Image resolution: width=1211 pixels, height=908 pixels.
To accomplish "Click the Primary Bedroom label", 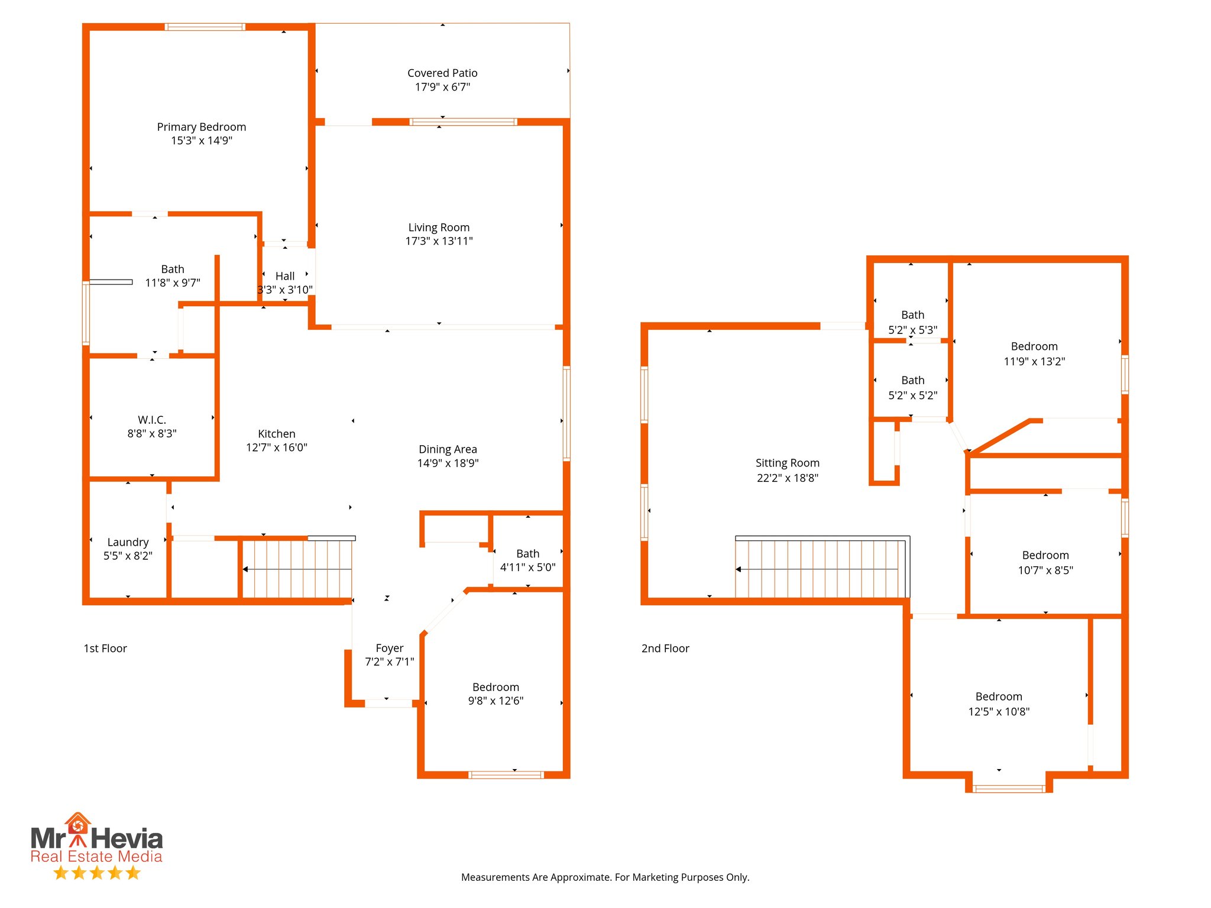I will click(201, 127).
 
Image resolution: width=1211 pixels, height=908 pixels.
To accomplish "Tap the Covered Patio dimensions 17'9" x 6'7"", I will click(442, 87).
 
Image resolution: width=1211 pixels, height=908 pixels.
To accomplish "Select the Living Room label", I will click(439, 228).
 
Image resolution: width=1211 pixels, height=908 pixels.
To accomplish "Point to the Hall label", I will click(285, 276).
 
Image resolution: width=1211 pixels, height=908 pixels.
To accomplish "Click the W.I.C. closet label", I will click(152, 420).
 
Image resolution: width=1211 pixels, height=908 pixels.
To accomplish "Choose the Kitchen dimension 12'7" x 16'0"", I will click(276, 447).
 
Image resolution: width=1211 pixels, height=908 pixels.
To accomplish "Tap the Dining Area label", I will click(448, 449).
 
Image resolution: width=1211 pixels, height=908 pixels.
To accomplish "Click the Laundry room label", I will click(128, 542).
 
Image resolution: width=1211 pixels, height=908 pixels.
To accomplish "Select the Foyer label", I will click(389, 648).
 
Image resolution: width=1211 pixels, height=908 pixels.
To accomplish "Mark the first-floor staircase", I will click(297, 569).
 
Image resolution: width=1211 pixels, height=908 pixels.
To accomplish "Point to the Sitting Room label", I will click(787, 463).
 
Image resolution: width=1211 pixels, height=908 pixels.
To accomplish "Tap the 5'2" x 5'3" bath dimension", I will click(912, 330).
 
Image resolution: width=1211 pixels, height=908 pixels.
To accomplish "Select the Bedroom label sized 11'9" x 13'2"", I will click(1034, 346).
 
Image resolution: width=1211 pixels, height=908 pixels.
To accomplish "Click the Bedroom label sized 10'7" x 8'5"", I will click(1045, 555).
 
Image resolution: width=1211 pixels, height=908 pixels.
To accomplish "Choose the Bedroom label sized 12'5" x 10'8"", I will click(998, 696).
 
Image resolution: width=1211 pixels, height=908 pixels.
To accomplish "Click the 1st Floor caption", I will click(105, 648).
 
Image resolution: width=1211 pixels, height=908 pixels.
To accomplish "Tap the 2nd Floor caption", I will click(665, 648).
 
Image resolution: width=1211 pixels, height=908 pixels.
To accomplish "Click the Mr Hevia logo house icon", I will click(77, 824).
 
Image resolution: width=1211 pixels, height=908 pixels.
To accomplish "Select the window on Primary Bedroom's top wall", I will click(205, 27).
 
